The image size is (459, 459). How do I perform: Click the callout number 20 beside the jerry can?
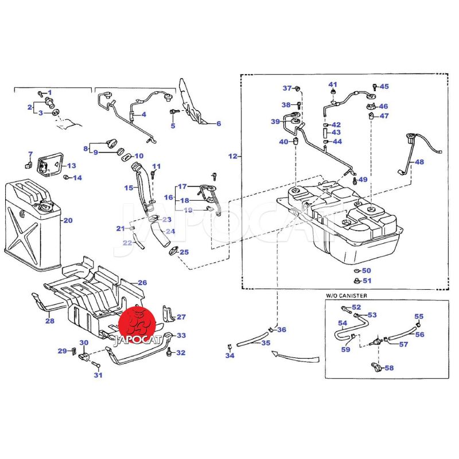click(x=68, y=220)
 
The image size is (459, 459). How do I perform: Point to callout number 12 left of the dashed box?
click(x=232, y=156)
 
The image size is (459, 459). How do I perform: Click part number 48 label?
click(x=420, y=162)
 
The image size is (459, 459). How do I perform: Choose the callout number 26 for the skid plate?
click(x=142, y=283)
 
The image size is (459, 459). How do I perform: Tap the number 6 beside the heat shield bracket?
click(x=218, y=123)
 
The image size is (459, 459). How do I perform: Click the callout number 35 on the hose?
click(x=265, y=343)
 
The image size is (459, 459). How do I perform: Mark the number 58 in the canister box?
click(x=389, y=368)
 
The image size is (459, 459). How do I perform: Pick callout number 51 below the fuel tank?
click(x=367, y=281)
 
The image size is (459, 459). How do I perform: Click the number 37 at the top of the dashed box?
click(x=287, y=88)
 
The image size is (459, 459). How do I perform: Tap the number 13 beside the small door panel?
click(x=71, y=165)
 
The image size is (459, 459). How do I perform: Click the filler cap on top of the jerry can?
click(x=44, y=207)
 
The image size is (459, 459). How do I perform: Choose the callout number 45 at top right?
click(x=384, y=87)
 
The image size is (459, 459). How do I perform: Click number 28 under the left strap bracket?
click(x=50, y=321)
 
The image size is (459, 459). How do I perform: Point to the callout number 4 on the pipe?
click(x=143, y=114)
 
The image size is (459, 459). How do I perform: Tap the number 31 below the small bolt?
click(x=98, y=375)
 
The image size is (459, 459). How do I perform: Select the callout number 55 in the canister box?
click(x=419, y=316)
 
